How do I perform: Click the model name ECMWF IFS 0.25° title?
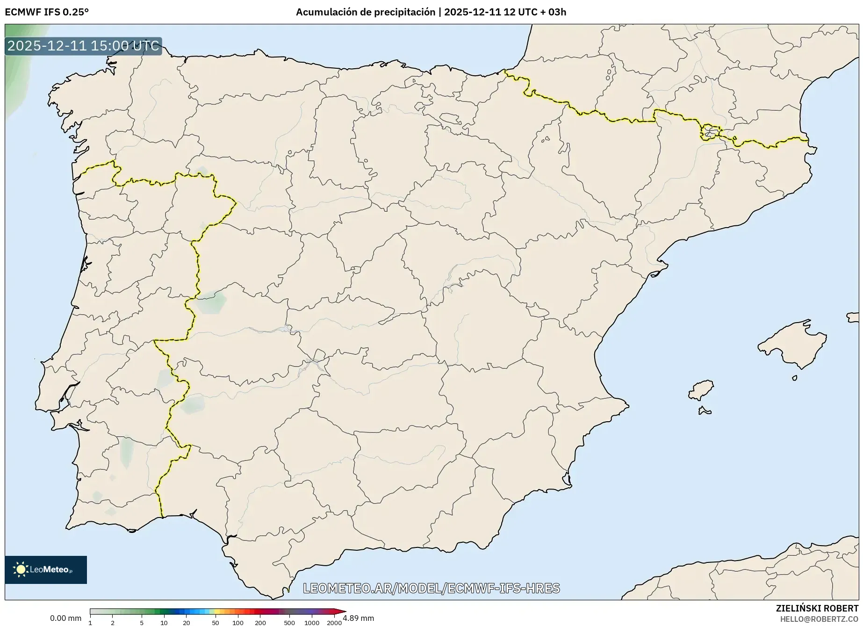(46, 12)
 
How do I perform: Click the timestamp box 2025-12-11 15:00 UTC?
(83, 46)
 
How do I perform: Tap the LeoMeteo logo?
(46, 569)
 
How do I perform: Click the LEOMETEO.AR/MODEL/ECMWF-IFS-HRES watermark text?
(431, 588)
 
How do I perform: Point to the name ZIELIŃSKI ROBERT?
(817, 609)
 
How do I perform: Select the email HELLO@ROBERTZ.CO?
(819, 619)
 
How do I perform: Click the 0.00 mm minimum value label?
(65, 618)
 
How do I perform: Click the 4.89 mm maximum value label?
(359, 618)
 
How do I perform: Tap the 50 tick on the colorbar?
(215, 622)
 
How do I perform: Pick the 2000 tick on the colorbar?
(334, 622)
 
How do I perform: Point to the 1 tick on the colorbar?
(90, 622)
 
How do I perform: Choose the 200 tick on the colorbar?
(260, 622)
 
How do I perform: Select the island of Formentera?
(704, 411)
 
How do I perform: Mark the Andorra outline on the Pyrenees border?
(710, 132)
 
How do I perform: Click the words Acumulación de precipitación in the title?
(366, 12)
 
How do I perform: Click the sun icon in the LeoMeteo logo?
(21, 569)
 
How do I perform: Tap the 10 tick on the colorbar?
(164, 622)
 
